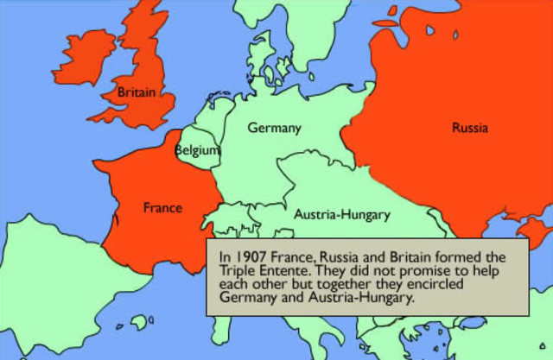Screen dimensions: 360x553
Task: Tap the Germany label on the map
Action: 274,128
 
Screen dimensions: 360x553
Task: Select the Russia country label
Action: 469,128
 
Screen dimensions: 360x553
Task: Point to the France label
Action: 162,208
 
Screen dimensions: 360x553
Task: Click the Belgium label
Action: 197,150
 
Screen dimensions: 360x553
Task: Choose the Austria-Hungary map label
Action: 342,214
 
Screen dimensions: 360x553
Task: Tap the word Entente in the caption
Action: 276,270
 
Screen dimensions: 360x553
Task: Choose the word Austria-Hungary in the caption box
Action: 345,298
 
